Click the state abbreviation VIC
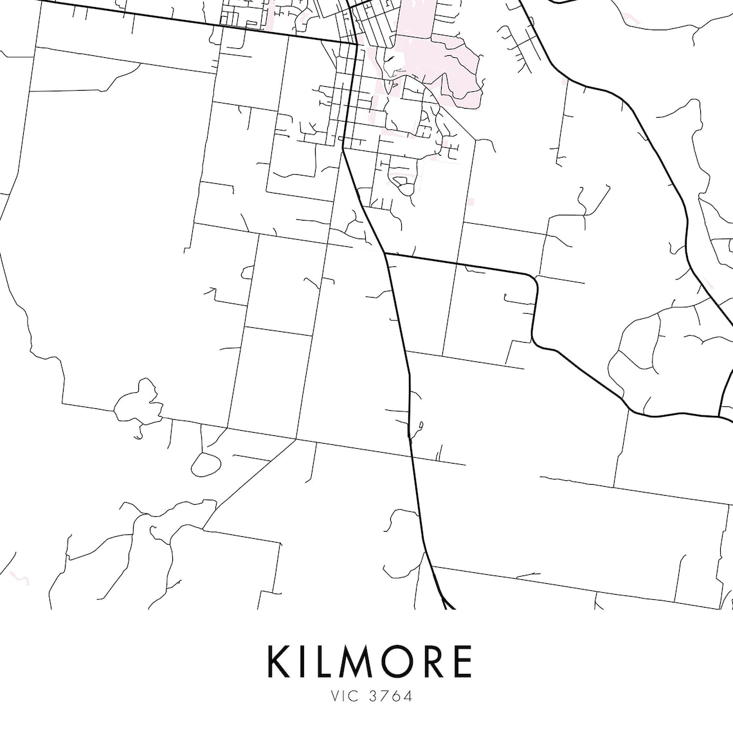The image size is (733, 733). click(x=344, y=696)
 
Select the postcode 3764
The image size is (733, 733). click(x=390, y=696)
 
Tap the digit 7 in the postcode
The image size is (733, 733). click(x=384, y=696)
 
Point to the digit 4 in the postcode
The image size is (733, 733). click(x=408, y=696)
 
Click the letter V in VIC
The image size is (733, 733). click(x=334, y=696)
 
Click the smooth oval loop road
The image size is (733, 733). click(x=206, y=464)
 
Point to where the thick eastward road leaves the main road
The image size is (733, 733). click(x=385, y=253)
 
